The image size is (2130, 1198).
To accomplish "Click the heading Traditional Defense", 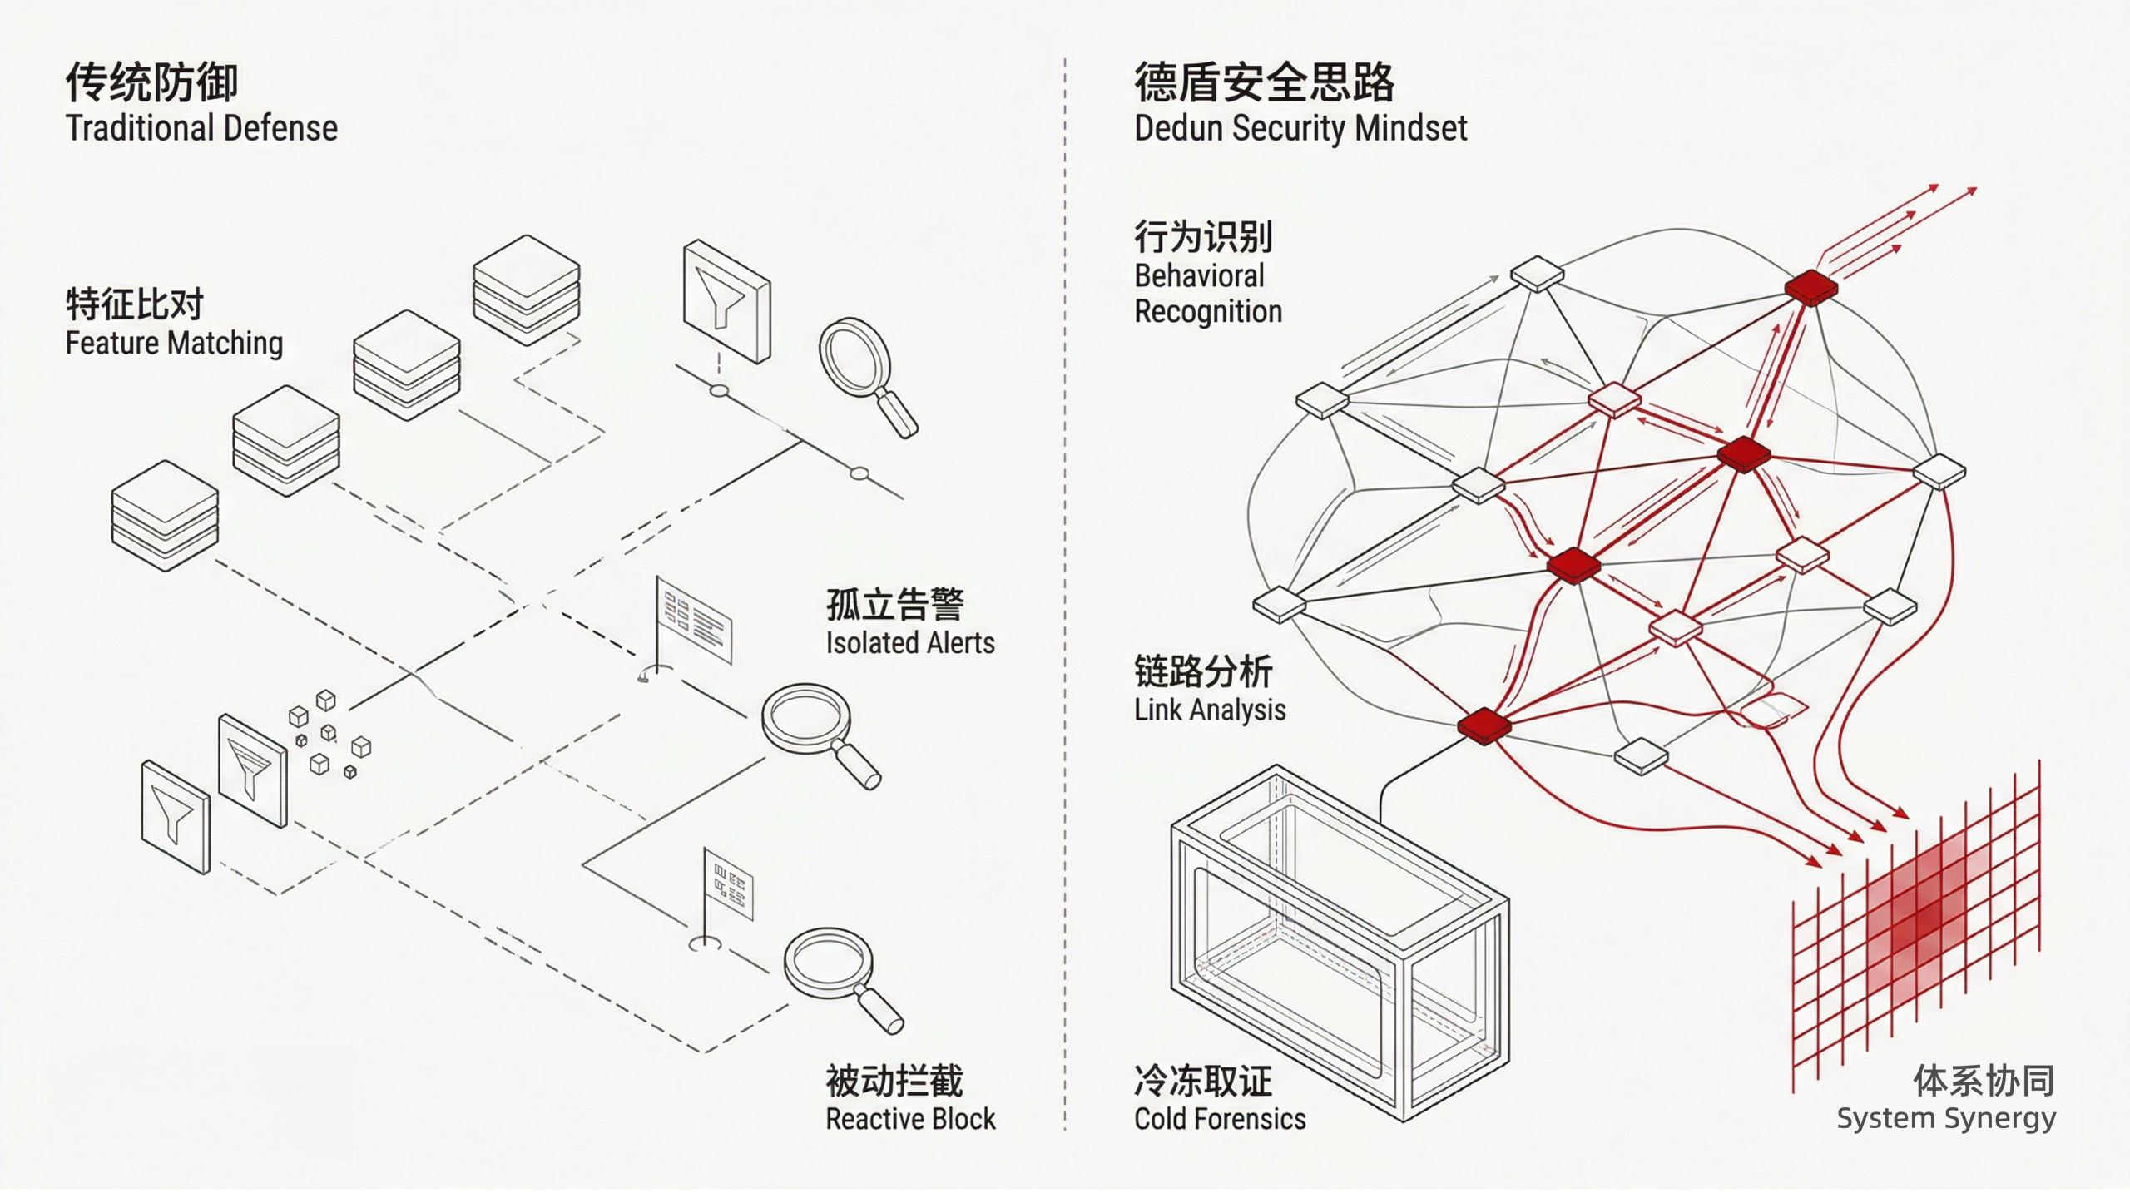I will (201, 129).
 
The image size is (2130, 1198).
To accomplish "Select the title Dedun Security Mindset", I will (1300, 129).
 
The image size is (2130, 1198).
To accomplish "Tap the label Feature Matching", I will (174, 343).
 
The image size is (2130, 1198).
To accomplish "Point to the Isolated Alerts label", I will (909, 642).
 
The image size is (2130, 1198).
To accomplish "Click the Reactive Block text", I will (909, 1119).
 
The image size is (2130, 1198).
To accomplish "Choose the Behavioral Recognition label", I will (1207, 294).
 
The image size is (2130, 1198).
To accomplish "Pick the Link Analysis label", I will (1209, 710).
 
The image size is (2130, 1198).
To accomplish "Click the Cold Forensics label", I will (1219, 1119).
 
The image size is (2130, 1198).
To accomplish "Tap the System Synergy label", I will (1945, 1119).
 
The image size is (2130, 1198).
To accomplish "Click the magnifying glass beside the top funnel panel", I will (865, 374).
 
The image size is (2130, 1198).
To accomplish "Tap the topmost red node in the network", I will (1810, 288).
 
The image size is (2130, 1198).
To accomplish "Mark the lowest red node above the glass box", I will (1484, 725).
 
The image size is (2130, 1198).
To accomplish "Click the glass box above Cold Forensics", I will (1340, 940).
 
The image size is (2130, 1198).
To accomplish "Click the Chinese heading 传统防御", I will (151, 82).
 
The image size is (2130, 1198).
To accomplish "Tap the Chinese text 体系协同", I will (1984, 1081).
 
